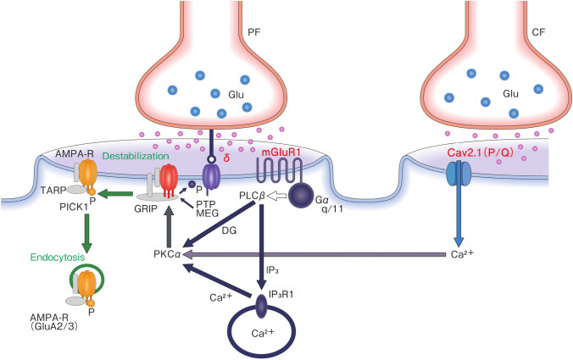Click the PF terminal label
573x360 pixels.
[x=254, y=34]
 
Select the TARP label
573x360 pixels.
[x=48, y=191]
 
